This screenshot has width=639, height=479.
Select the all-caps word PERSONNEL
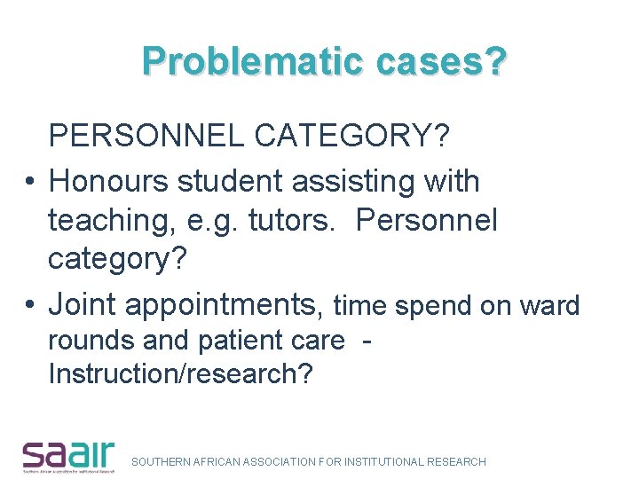click(146, 137)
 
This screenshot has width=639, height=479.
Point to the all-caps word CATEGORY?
click(351, 137)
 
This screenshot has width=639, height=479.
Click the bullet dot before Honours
click(29, 182)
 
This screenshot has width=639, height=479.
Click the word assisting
click(346, 181)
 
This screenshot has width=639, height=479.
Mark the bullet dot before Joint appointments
click(29, 305)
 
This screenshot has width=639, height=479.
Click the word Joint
click(83, 304)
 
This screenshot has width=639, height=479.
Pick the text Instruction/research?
click(180, 374)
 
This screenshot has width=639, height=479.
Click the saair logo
click(67, 455)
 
